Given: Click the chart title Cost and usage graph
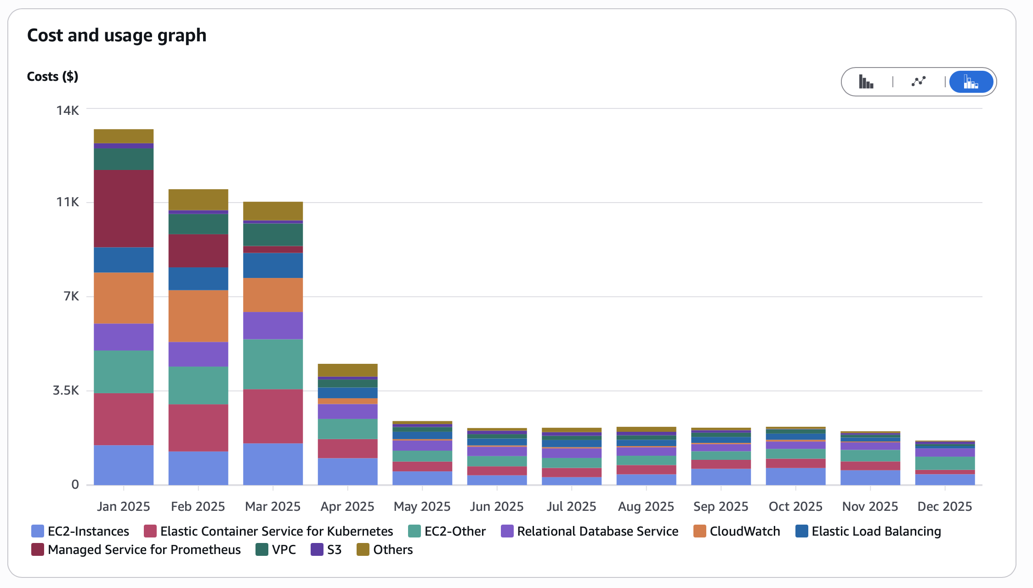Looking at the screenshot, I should coord(117,35).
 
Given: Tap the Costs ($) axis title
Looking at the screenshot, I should coord(52,76).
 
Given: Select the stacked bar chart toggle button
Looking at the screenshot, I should coord(971,82).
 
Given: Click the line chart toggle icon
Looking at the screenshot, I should coord(919,82).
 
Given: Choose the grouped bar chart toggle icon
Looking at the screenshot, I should coord(866,82).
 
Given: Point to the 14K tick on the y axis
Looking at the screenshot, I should coord(68,110).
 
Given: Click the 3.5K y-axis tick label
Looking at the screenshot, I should coord(66,390).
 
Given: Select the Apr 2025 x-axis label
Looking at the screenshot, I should coord(347,506).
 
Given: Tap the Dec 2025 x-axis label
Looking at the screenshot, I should coord(945,506).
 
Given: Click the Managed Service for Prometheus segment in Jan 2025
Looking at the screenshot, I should coord(124,209).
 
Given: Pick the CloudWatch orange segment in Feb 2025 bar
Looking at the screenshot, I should coord(198,316).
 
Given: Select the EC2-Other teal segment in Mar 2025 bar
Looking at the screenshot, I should coord(273,364).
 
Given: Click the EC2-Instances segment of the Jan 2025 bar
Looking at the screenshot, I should coord(124,465).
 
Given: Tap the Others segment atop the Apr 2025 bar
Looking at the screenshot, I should coord(347,370).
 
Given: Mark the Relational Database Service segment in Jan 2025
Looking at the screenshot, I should coord(124,337).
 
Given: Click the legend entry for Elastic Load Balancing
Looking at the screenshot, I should coord(876,531).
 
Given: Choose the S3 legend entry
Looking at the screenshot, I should coord(334,549).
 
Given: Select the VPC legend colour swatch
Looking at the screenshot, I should coord(262,549).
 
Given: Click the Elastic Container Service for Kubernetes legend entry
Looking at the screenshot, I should coord(276,531).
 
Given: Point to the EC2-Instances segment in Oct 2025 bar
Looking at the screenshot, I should coord(795,476).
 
